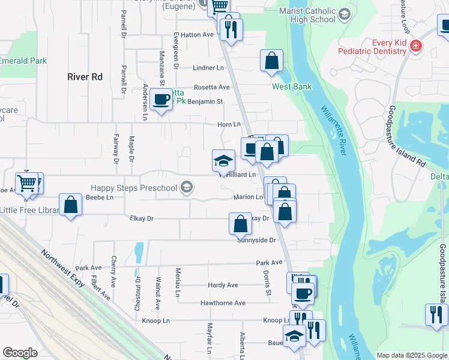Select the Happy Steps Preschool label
click(x=134, y=188)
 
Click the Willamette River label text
click(x=334, y=131)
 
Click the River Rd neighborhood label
click(x=85, y=77)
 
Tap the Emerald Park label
click(x=23, y=61)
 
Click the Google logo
click(x=20, y=353)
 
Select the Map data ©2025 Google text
click(x=411, y=355)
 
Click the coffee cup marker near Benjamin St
click(x=161, y=100)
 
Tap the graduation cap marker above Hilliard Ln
click(x=223, y=161)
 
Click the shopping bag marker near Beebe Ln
click(x=71, y=205)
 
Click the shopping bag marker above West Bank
click(x=271, y=61)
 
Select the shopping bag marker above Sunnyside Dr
click(x=240, y=223)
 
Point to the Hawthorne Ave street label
click(x=223, y=303)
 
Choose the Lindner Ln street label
click(x=208, y=68)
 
